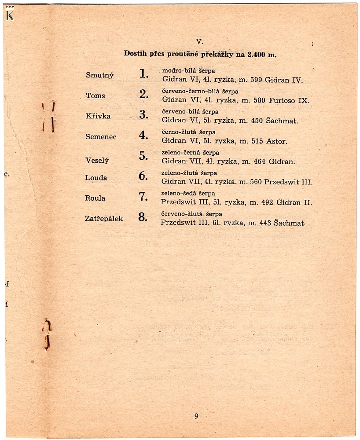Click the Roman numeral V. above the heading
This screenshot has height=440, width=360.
199,42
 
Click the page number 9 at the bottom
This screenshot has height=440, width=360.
196,416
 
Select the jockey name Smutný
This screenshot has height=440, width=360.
99,75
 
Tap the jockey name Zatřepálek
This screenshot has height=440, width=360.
104,218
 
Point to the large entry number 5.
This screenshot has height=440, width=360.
143,156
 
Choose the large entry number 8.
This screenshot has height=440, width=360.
143,217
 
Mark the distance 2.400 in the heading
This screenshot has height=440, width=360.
257,54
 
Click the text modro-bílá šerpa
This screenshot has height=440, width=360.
188,70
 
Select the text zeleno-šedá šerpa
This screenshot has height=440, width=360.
188,193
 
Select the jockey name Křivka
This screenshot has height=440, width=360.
98,116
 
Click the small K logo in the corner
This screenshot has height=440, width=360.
10,15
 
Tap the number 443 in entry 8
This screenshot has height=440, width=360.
265,223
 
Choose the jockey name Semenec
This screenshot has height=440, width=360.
101,137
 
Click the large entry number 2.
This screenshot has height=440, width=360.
143,94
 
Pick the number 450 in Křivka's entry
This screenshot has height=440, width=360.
257,120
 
